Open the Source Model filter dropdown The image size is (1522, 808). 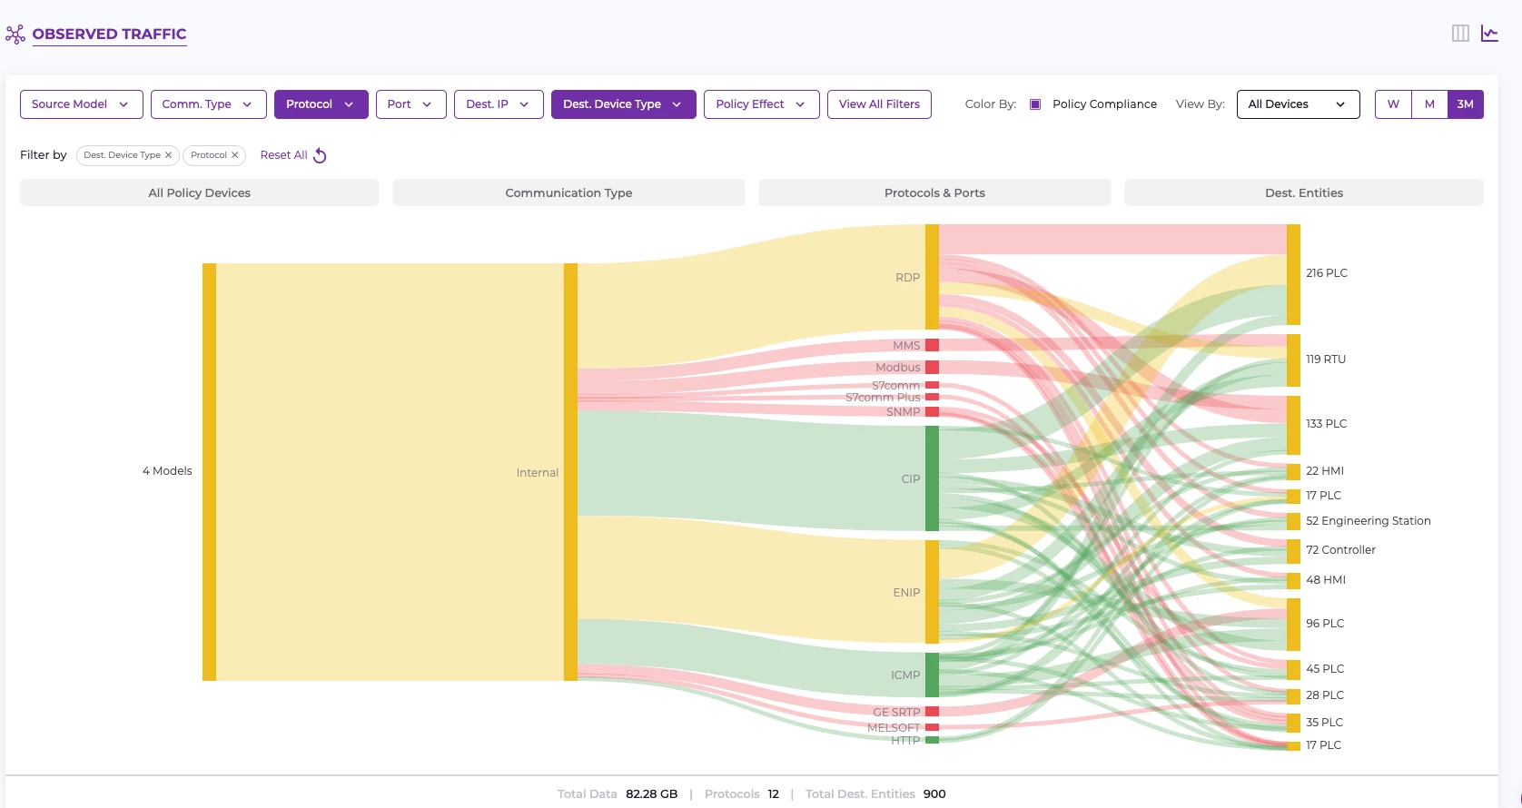[81, 104]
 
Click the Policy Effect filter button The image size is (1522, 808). [761, 104]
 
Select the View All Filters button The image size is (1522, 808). [879, 104]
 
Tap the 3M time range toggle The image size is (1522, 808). [1465, 104]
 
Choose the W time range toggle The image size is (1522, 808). [1393, 104]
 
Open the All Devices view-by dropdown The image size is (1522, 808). [1298, 104]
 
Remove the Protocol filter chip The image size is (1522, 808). [235, 155]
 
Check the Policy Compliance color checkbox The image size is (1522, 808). [1035, 104]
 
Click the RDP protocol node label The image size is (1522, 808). [907, 278]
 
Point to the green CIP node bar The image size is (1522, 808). [932, 478]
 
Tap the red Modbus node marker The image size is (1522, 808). [932, 368]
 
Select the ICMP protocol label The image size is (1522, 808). [905, 675]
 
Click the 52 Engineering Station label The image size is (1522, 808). [1368, 521]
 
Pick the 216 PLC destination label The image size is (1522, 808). [1326, 273]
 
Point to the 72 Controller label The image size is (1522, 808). [1340, 550]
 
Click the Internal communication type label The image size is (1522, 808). [538, 473]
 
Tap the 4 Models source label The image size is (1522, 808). [167, 471]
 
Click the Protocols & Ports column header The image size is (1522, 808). [934, 193]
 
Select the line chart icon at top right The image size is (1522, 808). [1489, 34]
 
